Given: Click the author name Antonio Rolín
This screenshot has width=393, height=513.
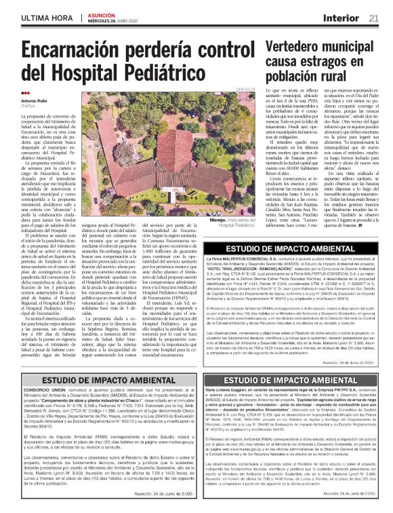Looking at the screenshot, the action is click(x=38, y=101).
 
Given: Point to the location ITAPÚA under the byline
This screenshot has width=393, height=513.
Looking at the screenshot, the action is click(x=30, y=107).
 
